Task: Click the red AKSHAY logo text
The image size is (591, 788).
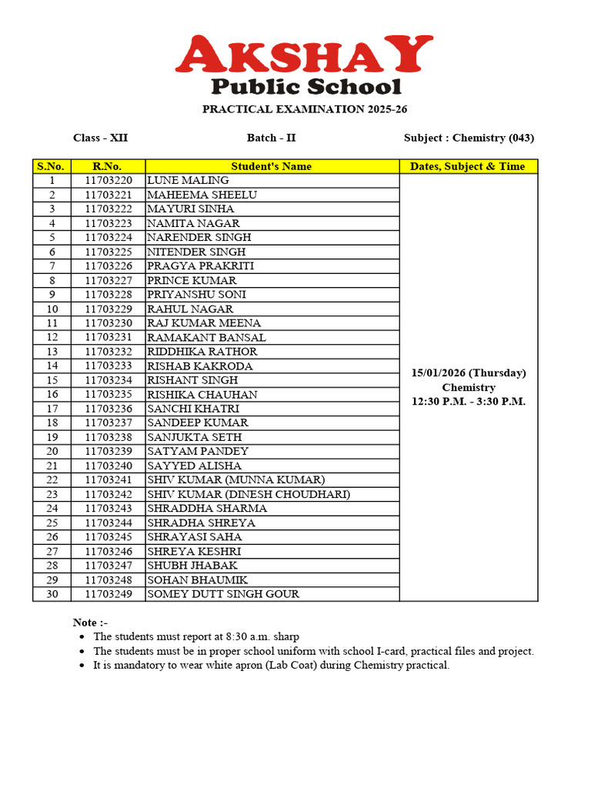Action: [304, 55]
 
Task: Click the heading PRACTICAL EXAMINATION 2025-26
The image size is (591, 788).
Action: [305, 109]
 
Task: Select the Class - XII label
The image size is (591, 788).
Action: [101, 138]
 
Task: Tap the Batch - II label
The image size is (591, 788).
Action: [271, 138]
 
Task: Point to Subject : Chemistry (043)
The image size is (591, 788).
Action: [469, 138]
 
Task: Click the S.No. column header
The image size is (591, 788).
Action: [52, 166]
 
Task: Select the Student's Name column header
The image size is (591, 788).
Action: [272, 166]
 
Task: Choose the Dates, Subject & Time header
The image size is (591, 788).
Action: [468, 166]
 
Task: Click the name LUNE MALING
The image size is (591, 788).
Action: [188, 180]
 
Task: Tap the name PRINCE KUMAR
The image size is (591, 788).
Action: [192, 280]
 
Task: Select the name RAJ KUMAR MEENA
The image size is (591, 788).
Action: [204, 323]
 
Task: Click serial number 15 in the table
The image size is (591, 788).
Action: [52, 380]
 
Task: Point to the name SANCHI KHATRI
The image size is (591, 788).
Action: [193, 409]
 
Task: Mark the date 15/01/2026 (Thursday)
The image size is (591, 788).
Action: [469, 372]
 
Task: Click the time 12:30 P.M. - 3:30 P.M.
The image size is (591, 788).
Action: [469, 402]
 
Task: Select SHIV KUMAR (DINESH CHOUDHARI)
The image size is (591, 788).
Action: [249, 494]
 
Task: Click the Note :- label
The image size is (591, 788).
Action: [90, 622]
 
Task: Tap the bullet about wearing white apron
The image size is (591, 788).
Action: [271, 665]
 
